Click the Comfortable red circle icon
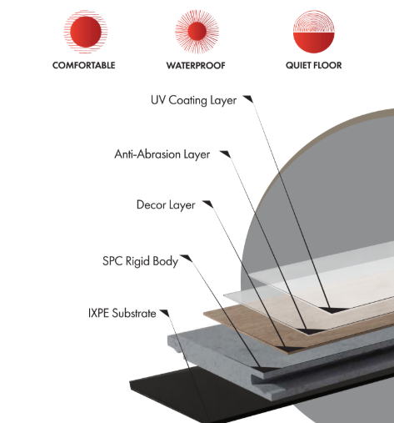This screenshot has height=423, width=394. click(x=86, y=32)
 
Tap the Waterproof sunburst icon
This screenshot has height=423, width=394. click(x=197, y=31)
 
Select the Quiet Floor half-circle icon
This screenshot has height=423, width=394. click(x=314, y=32)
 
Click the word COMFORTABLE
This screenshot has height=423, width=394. click(x=84, y=65)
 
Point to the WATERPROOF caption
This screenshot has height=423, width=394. click(x=196, y=66)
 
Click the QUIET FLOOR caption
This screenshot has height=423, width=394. click(x=314, y=65)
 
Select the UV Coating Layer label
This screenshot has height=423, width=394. click(x=193, y=100)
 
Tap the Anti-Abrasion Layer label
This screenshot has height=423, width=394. click(x=162, y=154)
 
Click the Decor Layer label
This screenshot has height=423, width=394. click(x=166, y=205)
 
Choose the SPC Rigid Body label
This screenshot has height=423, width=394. click(x=140, y=261)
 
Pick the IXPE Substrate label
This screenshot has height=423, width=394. click(x=122, y=314)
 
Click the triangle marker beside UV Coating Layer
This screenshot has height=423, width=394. click(x=248, y=99)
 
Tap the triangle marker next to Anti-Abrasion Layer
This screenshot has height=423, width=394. click(x=225, y=154)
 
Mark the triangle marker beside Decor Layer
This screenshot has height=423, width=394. click(x=207, y=204)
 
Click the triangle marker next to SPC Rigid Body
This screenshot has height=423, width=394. click(x=186, y=259)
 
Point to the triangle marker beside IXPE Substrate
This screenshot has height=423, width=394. click(x=165, y=313)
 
